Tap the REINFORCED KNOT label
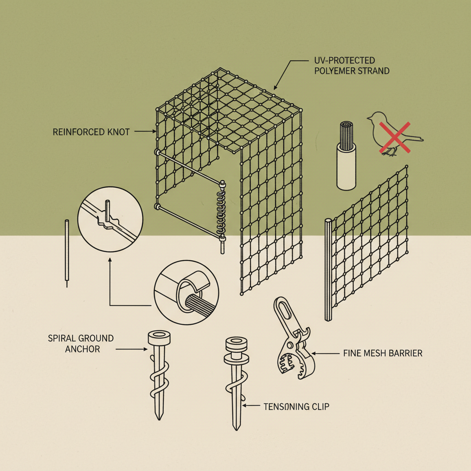click(92, 132)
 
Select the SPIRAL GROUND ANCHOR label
click(80, 344)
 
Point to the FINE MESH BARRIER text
click(383, 353)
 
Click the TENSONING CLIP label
click(297, 406)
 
